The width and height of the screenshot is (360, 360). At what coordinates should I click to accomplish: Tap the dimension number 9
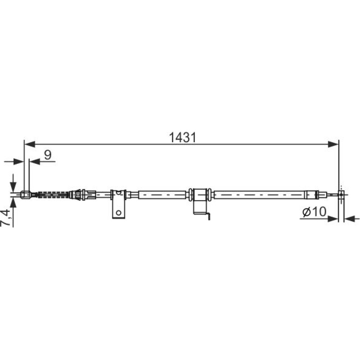48,155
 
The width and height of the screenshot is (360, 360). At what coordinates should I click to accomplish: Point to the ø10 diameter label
314,212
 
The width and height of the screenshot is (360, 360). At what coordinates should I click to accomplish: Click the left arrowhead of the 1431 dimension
30,144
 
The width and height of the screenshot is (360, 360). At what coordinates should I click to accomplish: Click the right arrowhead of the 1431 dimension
333,144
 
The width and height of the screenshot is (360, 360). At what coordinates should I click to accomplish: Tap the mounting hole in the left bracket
118,213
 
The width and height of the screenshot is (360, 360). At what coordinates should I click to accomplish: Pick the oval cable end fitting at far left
25,195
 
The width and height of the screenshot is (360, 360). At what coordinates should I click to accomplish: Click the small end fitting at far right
341,195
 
